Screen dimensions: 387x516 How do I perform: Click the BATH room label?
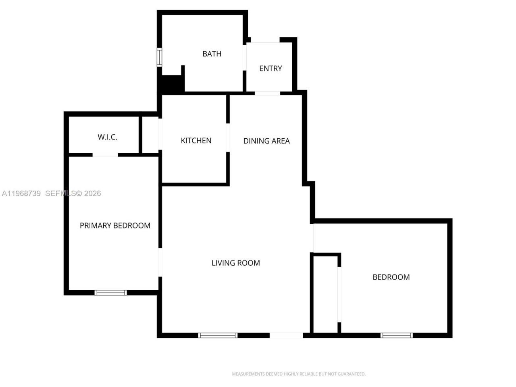click(x=212, y=54)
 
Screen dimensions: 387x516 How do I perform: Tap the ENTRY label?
click(x=270, y=69)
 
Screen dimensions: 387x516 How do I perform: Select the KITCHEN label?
click(x=196, y=141)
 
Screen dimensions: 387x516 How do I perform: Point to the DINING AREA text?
click(x=266, y=141)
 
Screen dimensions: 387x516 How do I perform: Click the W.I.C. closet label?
click(x=107, y=137)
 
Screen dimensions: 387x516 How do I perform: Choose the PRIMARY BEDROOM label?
click(x=115, y=226)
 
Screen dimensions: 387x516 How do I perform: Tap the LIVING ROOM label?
click(x=236, y=263)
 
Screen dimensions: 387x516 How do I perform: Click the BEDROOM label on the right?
click(x=391, y=277)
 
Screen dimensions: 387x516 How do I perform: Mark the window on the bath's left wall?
click(x=159, y=57)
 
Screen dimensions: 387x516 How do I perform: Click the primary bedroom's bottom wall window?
click(x=110, y=293)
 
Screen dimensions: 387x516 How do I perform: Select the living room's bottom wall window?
click(x=218, y=335)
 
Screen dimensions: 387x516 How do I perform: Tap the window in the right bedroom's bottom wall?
click(x=397, y=335)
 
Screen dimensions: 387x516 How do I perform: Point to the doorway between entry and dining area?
click(x=267, y=93)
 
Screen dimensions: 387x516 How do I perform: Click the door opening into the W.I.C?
click(x=105, y=155)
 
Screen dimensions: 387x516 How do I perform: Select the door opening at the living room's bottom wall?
click(x=286, y=335)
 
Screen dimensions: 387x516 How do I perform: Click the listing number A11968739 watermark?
click(x=21, y=193)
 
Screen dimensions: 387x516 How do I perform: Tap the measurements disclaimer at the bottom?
click(x=298, y=374)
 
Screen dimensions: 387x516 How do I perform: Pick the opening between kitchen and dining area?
click(x=228, y=137)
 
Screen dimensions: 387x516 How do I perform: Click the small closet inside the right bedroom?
click(x=325, y=294)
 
